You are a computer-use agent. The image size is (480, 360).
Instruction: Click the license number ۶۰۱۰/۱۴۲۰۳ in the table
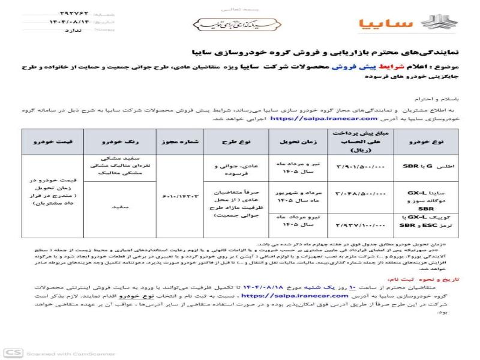(179, 194)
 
